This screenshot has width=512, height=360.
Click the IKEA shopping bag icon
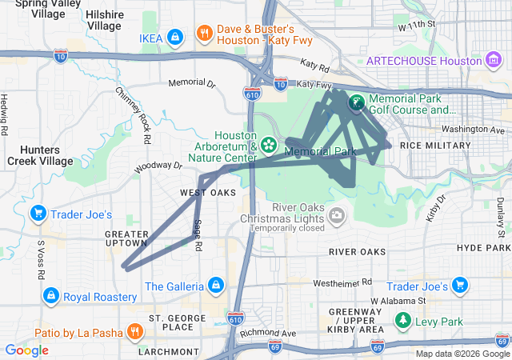177,37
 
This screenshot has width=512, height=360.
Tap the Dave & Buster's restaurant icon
205,34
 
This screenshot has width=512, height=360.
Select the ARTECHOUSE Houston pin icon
493,61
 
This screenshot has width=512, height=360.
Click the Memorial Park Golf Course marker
355,102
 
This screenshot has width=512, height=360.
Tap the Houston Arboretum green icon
269,145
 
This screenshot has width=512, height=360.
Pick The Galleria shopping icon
215,285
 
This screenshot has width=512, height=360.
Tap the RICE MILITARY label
436,145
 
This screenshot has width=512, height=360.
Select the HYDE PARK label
483,248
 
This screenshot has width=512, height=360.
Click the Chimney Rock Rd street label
134,115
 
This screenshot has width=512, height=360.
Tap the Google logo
27,350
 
